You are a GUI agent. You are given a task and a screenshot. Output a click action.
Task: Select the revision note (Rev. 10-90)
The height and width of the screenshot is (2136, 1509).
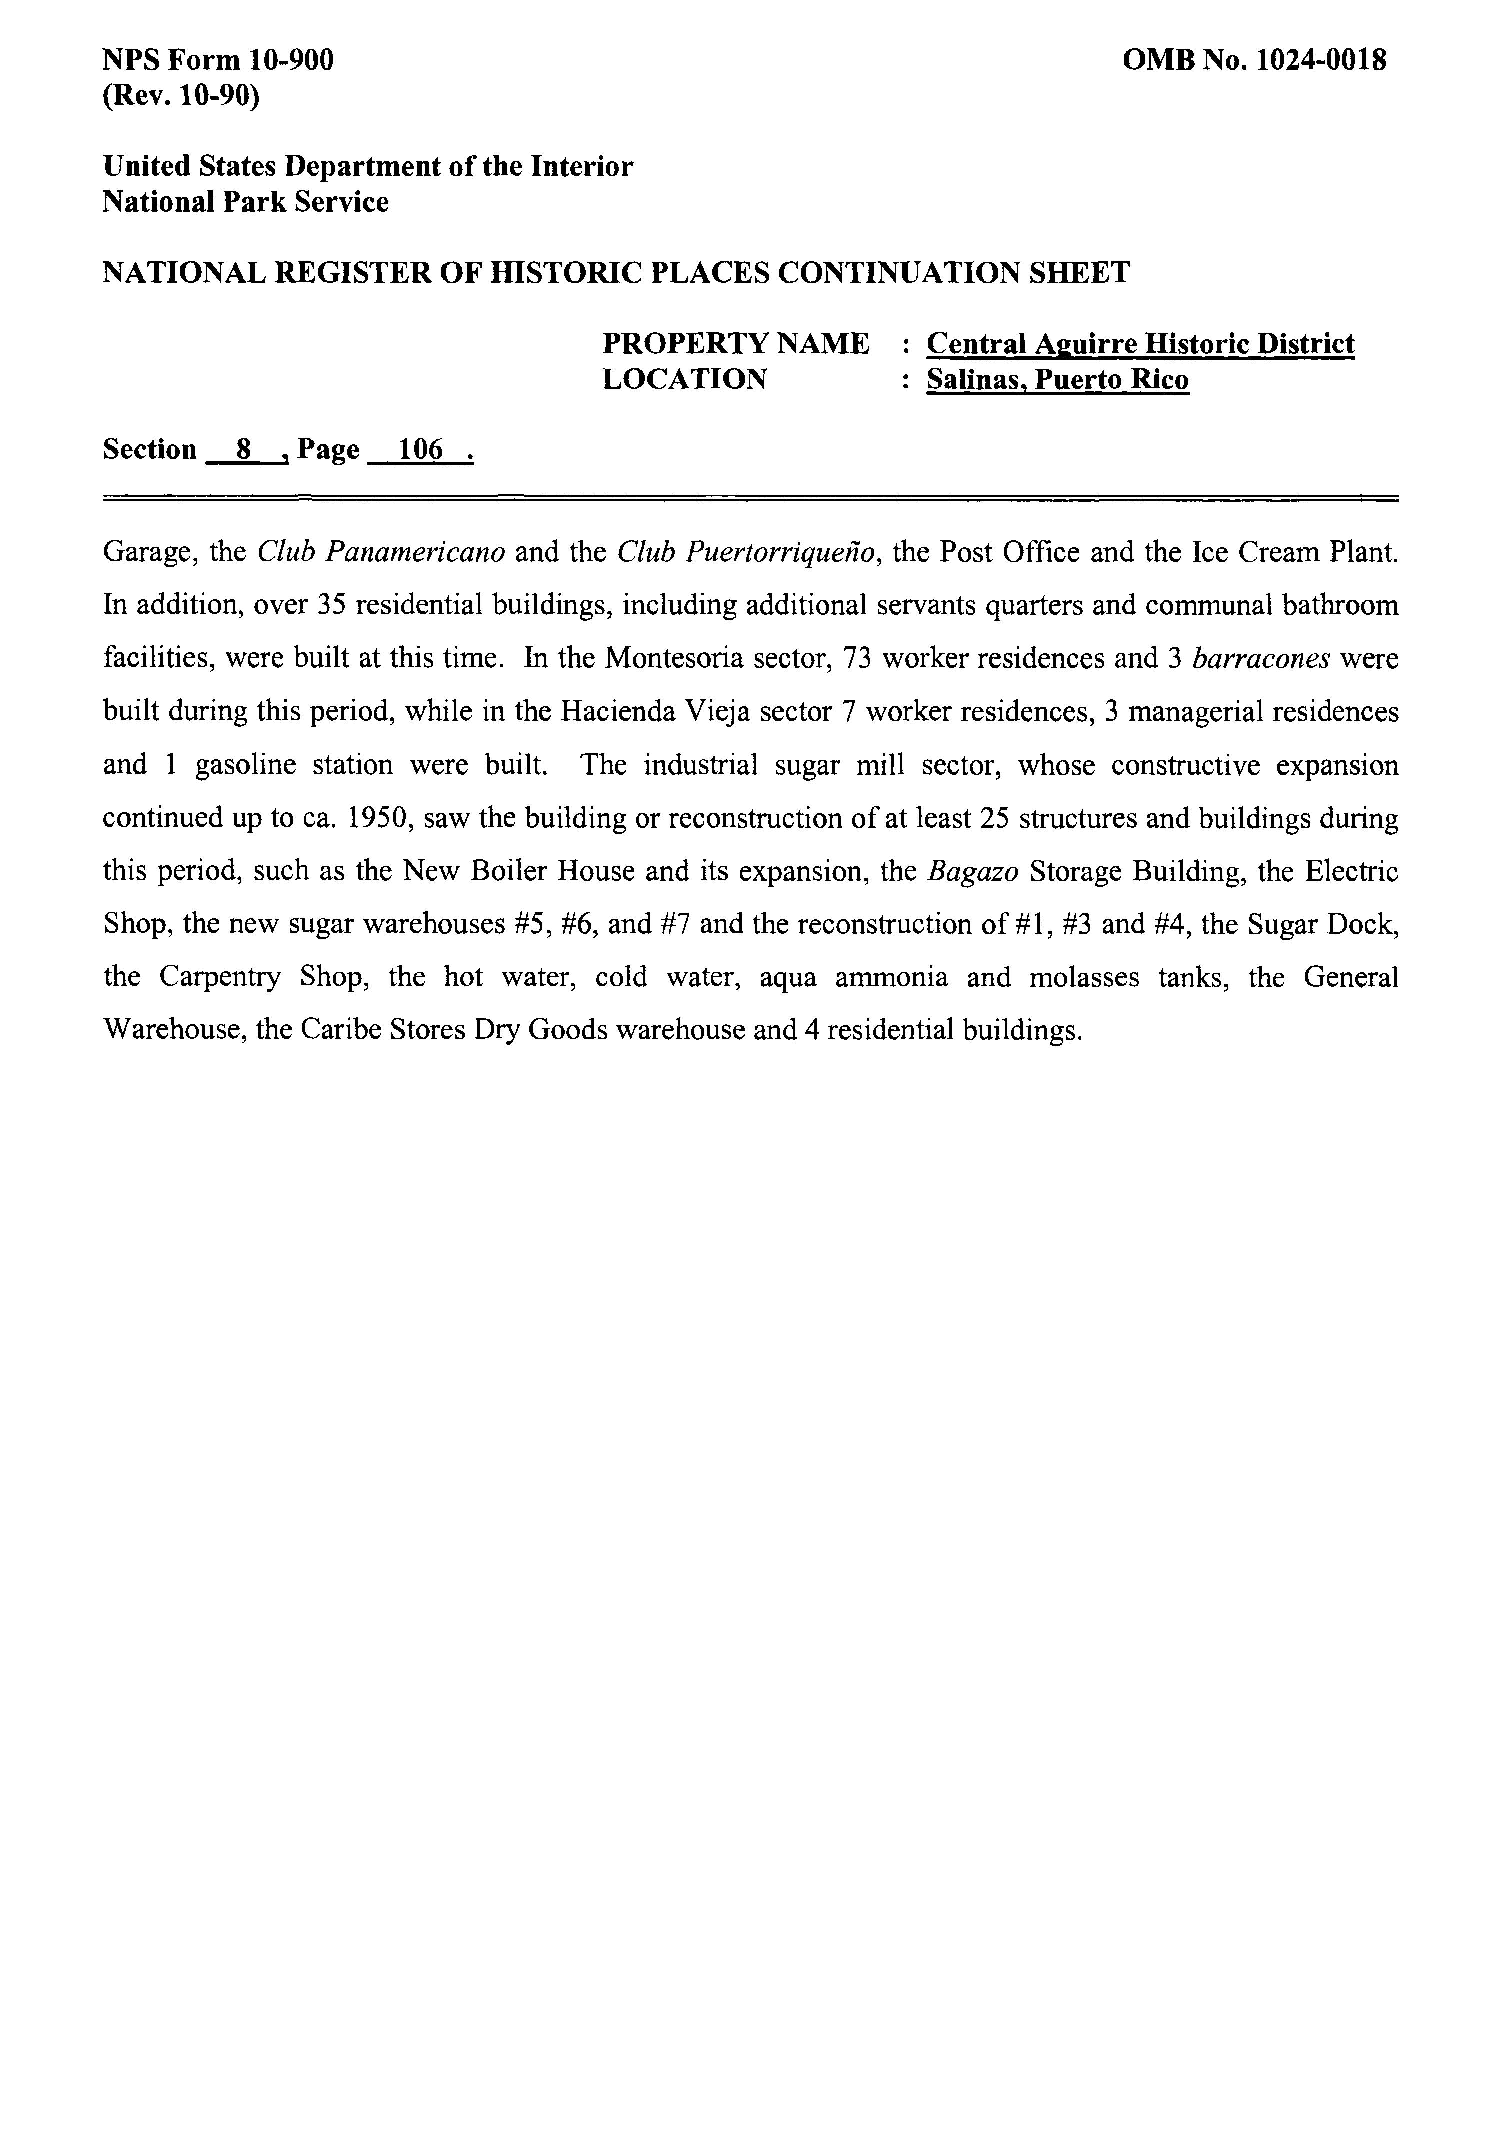click(180, 96)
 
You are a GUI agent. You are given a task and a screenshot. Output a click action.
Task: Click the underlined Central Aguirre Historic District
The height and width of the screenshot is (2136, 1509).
click(1140, 344)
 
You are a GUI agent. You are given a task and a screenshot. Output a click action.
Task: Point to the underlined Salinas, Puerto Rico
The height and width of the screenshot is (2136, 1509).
click(1057, 379)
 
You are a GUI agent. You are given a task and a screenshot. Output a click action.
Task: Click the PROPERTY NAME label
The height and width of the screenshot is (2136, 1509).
click(736, 344)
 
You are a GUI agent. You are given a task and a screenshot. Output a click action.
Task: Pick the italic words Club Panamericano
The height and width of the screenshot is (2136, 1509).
click(380, 553)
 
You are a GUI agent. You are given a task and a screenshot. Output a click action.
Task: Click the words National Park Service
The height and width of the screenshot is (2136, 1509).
click(245, 202)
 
